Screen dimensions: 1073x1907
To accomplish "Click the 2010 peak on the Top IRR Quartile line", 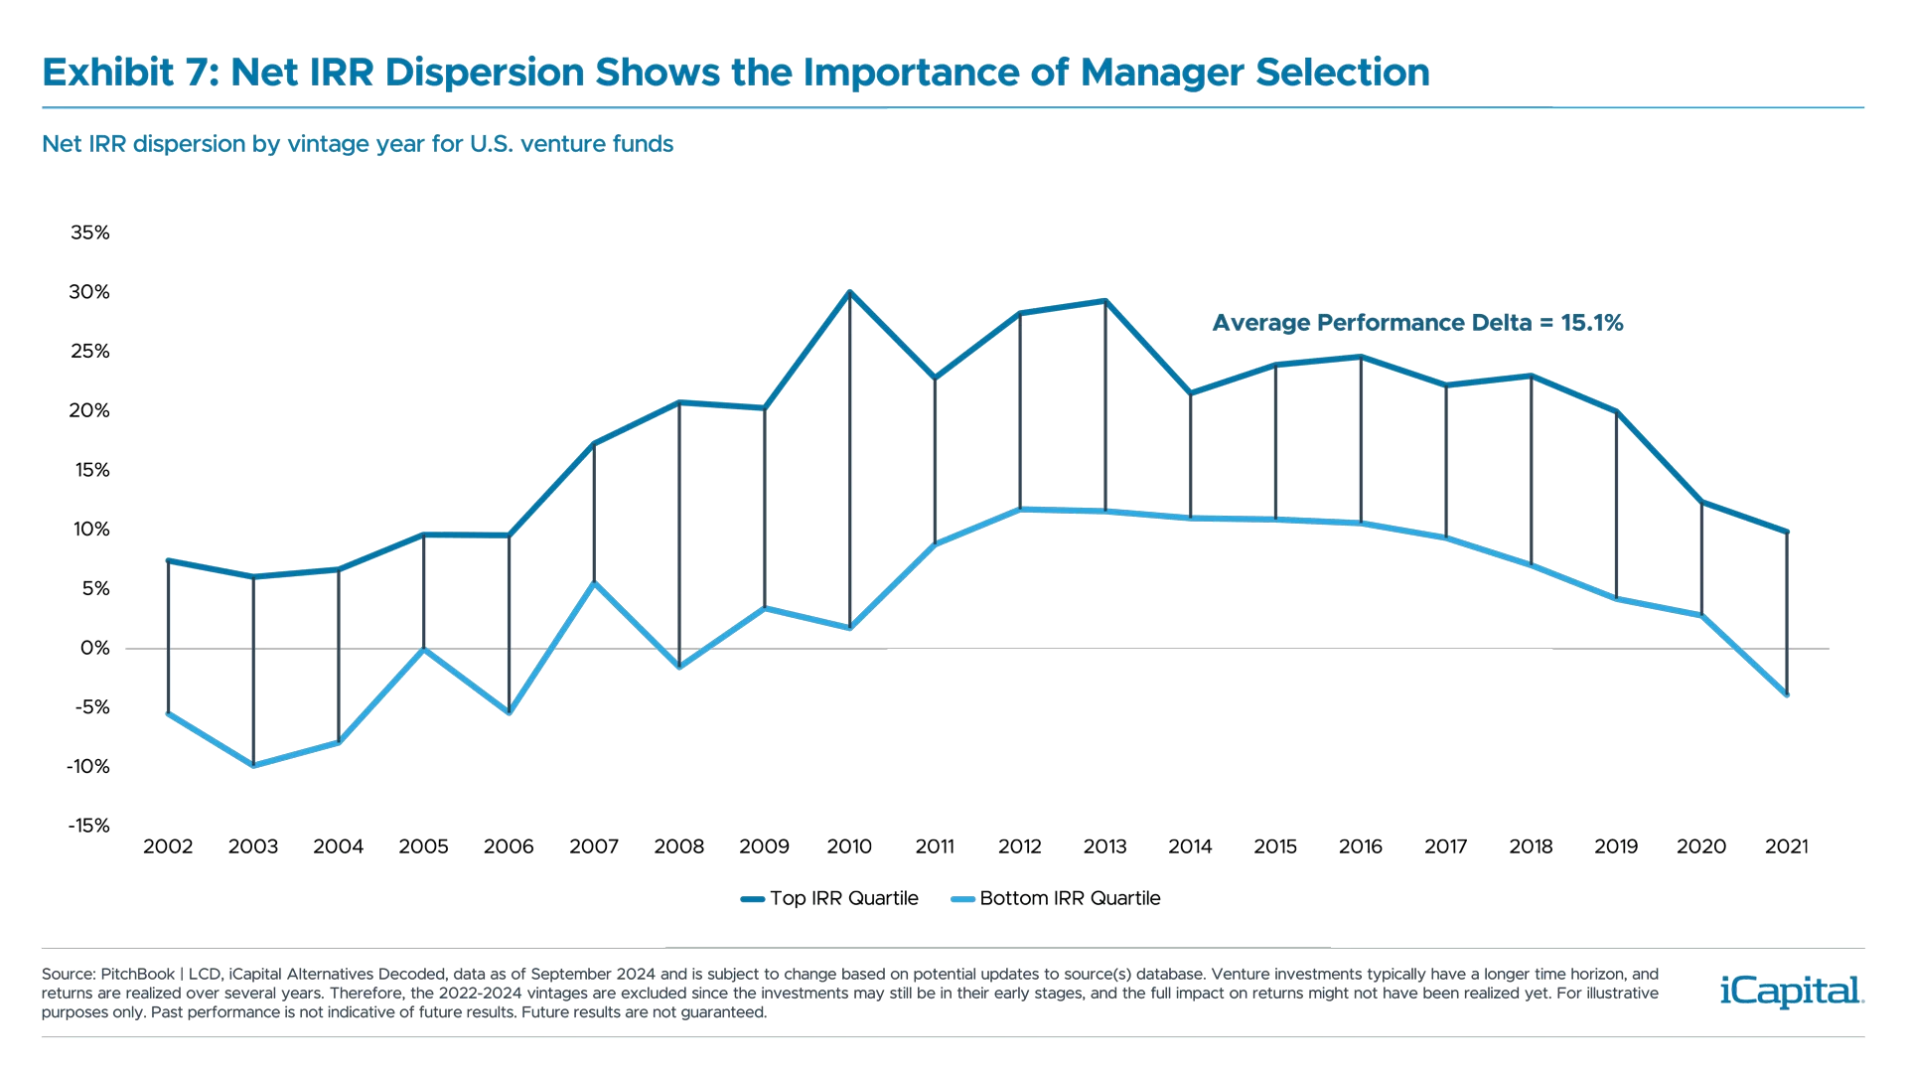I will pyautogui.click(x=849, y=291).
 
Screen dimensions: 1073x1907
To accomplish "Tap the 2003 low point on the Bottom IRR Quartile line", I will pyautogui.click(x=254, y=765).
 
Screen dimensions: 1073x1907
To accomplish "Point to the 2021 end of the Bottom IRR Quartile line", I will pyautogui.click(x=1787, y=694).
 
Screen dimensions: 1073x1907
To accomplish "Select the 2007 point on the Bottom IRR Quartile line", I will pyautogui.click(x=594, y=583).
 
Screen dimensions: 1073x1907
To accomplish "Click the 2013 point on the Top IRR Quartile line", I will pyautogui.click(x=1104, y=300).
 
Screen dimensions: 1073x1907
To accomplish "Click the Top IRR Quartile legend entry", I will pyautogui.click(x=831, y=898).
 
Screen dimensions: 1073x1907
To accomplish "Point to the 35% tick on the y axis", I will pyautogui.click(x=89, y=232).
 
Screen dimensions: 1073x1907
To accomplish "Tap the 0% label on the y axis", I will pyautogui.click(x=94, y=648).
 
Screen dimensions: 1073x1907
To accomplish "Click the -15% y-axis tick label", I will pyautogui.click(x=87, y=826).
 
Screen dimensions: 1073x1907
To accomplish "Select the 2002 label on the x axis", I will pyautogui.click(x=169, y=846).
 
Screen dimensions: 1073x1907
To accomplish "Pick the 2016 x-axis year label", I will pyautogui.click(x=1360, y=846).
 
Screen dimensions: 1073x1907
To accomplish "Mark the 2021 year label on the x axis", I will pyautogui.click(x=1787, y=846).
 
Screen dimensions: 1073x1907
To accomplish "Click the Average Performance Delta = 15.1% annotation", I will pyautogui.click(x=1418, y=323).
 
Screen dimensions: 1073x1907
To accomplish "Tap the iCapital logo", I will pyautogui.click(x=1788, y=991).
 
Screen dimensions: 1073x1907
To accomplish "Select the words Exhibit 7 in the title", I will pyautogui.click(x=123, y=73).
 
